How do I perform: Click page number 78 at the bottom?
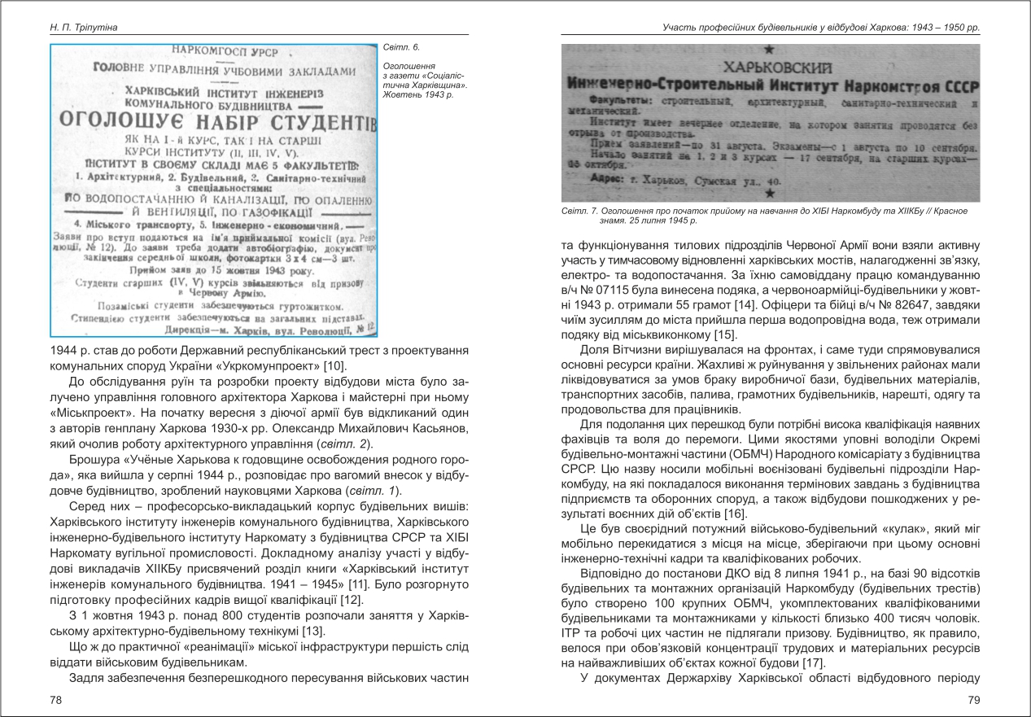click(56, 700)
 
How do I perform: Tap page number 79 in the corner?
click(973, 700)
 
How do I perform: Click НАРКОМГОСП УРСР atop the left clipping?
click(216, 52)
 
